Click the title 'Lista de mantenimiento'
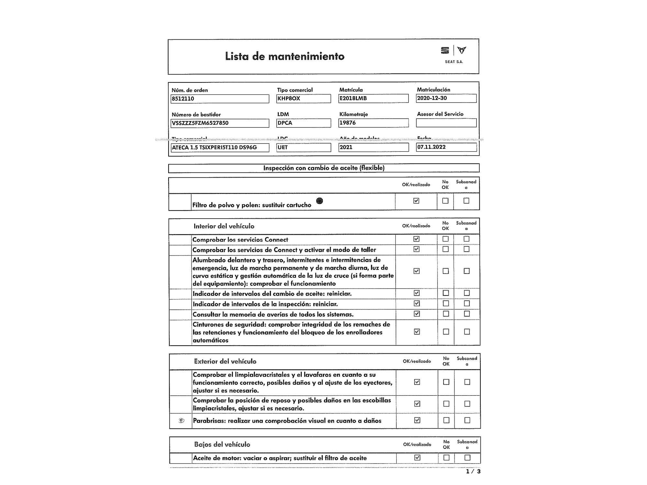point(285,56)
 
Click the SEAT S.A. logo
point(454,54)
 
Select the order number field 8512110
point(220,99)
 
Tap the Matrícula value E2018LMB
point(373,98)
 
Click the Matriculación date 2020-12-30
point(446,98)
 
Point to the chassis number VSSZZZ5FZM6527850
point(220,123)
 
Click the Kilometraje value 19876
point(373,123)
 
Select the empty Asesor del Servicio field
point(446,123)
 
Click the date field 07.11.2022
point(446,147)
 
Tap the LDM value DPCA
point(303,123)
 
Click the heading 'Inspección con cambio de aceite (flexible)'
point(324,168)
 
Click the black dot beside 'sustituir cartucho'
point(319,201)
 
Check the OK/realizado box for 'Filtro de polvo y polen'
point(416,201)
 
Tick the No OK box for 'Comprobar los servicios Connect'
point(445,239)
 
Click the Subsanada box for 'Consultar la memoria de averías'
point(466,314)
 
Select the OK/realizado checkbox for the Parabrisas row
point(417,420)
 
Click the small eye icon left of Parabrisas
point(181,421)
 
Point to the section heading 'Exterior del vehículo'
point(225,361)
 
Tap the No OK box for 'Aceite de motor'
point(446,458)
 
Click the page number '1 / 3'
point(473,472)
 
